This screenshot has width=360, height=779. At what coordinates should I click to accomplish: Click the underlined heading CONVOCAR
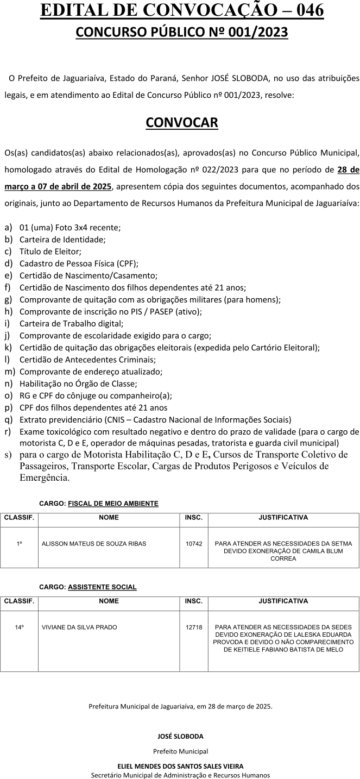182,122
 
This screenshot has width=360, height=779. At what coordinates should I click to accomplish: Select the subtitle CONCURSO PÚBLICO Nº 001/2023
182,32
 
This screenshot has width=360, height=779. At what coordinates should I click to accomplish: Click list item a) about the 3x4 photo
70,228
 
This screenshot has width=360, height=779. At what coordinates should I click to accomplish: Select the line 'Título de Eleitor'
50,252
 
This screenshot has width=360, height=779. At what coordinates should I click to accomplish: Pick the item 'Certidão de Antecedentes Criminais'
87,360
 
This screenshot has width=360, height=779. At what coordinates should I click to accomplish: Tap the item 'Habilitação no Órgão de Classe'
78,384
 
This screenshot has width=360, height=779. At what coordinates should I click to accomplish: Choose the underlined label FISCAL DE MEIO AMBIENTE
113,504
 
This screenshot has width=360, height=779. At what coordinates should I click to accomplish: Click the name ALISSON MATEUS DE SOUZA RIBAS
94,543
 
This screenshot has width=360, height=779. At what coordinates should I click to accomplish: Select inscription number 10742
194,543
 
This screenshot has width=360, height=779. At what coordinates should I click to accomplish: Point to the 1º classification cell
19,543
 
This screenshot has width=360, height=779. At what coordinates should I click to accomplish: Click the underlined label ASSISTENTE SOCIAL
102,587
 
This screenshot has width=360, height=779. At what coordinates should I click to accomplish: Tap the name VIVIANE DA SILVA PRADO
79,627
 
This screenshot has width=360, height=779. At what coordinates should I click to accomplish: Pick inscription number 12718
194,627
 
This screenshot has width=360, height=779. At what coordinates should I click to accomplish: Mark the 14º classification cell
19,627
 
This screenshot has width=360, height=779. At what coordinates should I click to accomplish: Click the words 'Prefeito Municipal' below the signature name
180,751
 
